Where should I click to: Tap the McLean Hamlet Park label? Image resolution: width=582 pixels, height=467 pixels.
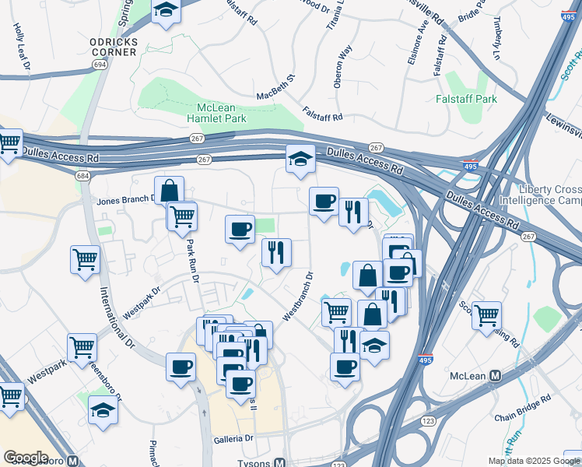pyautogui.click(x=216, y=113)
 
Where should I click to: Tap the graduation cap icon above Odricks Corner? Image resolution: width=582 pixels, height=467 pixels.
pyautogui.click(x=167, y=11)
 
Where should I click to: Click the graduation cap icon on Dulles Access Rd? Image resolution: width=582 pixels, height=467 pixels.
pyautogui.click(x=300, y=159)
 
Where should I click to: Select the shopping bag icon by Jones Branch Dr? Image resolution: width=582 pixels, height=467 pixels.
pyautogui.click(x=169, y=191)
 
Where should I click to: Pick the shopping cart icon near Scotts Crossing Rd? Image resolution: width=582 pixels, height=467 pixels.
pyautogui.click(x=486, y=314)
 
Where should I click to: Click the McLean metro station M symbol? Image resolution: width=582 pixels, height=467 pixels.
pyautogui.click(x=495, y=375)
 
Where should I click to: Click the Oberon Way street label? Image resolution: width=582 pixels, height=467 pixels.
pyautogui.click(x=341, y=65)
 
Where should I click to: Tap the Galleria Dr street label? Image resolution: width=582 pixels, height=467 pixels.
pyautogui.click(x=234, y=439)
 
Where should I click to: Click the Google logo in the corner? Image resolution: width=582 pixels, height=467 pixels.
pyautogui.click(x=26, y=458)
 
